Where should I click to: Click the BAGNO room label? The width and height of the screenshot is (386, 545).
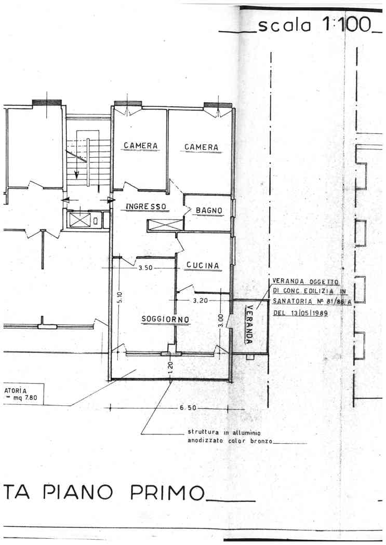click(209, 210)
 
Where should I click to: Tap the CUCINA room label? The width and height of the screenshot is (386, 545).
click(203, 266)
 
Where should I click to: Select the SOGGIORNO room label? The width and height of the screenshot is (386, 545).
click(166, 319)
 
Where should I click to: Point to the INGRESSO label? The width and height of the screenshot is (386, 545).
click(145, 207)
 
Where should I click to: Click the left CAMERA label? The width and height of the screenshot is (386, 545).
click(140, 146)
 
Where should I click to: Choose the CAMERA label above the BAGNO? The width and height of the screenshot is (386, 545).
click(202, 147)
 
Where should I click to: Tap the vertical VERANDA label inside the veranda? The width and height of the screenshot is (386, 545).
click(249, 324)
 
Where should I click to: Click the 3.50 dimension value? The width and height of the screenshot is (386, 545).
click(145, 268)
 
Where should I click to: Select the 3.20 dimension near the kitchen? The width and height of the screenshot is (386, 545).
click(200, 301)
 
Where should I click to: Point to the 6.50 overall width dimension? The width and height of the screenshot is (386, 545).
click(188, 408)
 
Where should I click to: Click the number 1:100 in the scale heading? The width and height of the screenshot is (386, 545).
click(347, 25)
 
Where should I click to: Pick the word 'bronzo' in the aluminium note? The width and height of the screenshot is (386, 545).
click(261, 441)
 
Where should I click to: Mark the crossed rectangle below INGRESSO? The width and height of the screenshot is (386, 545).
click(165, 225)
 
